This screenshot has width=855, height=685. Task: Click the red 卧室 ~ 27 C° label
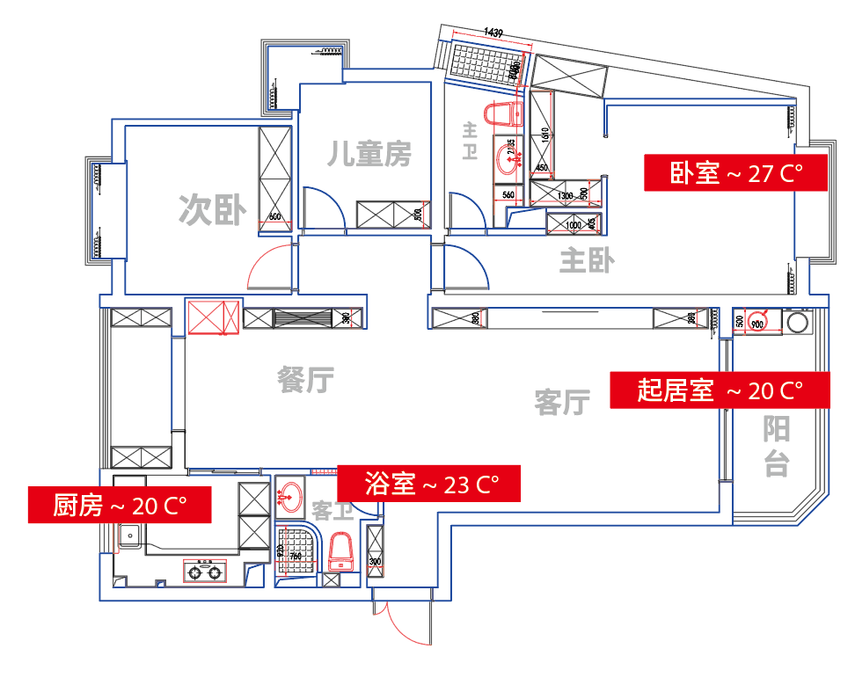click(736, 173)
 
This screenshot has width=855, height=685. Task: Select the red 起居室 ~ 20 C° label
click(720, 390)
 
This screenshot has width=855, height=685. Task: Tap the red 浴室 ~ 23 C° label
click(430, 484)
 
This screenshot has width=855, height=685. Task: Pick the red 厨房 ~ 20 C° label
click(120, 505)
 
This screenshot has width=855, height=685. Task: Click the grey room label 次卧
click(211, 210)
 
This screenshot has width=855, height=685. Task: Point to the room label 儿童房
click(369, 155)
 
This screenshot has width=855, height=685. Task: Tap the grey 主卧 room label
click(587, 260)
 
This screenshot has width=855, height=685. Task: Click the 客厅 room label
click(561, 403)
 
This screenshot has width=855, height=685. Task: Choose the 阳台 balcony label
click(776, 446)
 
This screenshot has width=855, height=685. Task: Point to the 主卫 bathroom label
click(470, 140)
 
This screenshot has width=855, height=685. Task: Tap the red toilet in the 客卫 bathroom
click(340, 553)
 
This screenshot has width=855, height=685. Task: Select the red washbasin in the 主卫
click(508, 161)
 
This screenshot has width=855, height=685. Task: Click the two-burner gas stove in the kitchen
click(205, 572)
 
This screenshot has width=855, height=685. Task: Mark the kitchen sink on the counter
click(130, 534)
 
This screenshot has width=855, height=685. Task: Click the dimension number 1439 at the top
click(493, 33)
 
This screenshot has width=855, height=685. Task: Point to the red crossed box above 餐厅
click(213, 317)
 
